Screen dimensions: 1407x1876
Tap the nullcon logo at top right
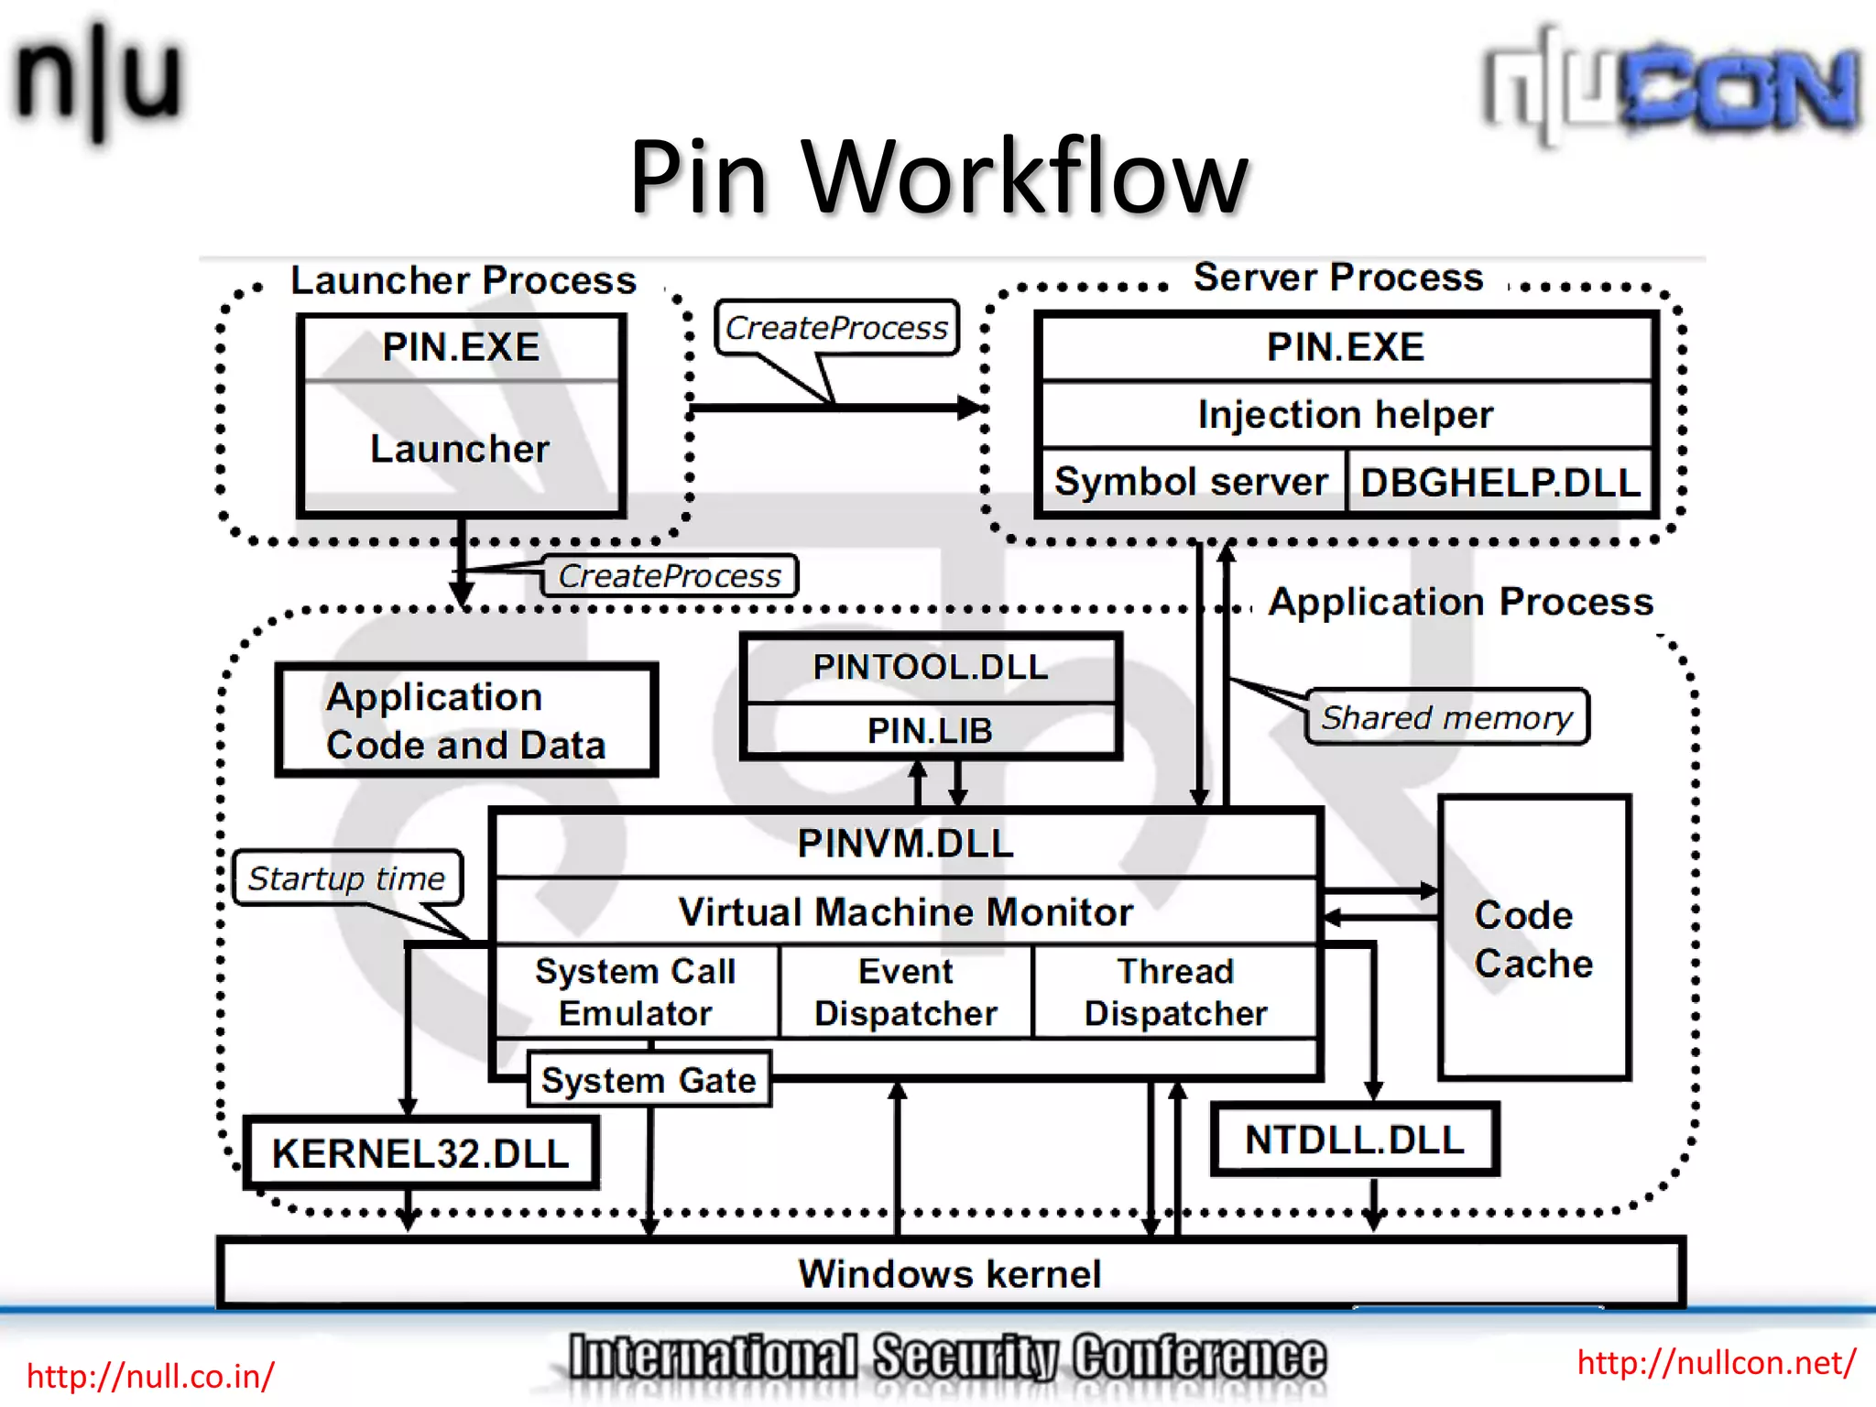pos(1672,87)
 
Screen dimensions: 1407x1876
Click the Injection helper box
pos(1345,415)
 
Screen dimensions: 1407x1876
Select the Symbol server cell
pos(1191,482)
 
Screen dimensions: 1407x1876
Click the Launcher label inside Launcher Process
pos(460,449)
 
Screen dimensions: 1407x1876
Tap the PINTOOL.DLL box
pos(930,667)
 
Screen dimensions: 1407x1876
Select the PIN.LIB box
pos(930,731)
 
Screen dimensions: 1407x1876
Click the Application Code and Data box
pos(466,721)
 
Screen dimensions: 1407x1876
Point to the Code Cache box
pos(1534,939)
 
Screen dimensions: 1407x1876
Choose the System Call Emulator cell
pos(636,992)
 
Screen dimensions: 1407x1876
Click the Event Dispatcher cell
pos(905,992)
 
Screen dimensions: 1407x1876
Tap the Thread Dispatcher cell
pos(1175,992)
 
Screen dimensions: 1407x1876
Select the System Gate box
pos(649,1081)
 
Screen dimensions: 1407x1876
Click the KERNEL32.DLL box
pos(420,1153)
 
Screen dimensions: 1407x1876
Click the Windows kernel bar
pos(950,1274)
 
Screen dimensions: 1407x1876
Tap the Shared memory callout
pos(1446,717)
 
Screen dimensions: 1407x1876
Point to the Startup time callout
pos(346,878)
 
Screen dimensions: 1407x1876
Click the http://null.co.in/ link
pos(150,1376)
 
